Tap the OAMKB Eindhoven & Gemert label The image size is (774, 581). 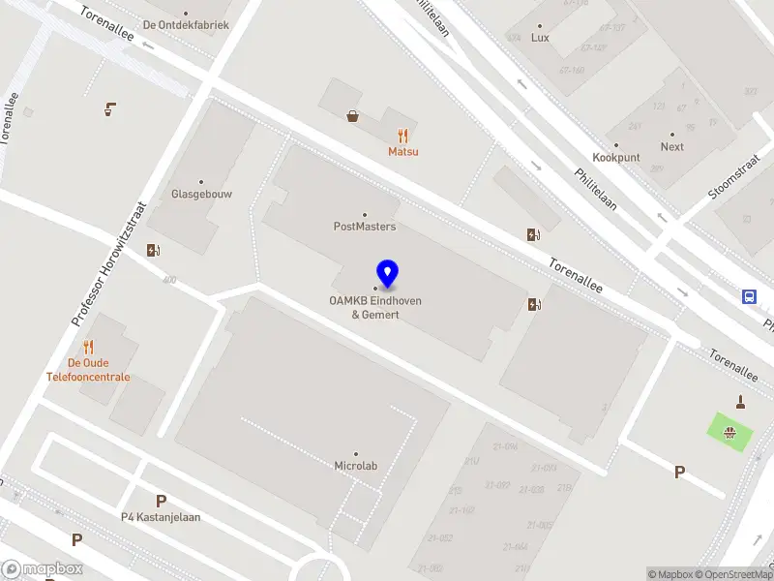375,307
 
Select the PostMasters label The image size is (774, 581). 365,227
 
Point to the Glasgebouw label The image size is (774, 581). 201,194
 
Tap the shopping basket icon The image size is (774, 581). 354,116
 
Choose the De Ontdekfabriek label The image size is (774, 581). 186,24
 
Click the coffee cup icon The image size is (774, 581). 111,108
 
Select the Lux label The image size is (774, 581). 540,38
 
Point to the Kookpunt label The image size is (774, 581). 616,157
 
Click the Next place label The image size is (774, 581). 672,147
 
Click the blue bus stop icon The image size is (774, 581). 749,296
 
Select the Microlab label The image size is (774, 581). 355,466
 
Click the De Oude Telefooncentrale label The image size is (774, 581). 88,370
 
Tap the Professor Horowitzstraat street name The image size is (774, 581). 108,263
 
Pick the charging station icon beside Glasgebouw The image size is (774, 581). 153,250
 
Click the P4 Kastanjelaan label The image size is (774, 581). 161,517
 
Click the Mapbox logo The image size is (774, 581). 43,569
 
